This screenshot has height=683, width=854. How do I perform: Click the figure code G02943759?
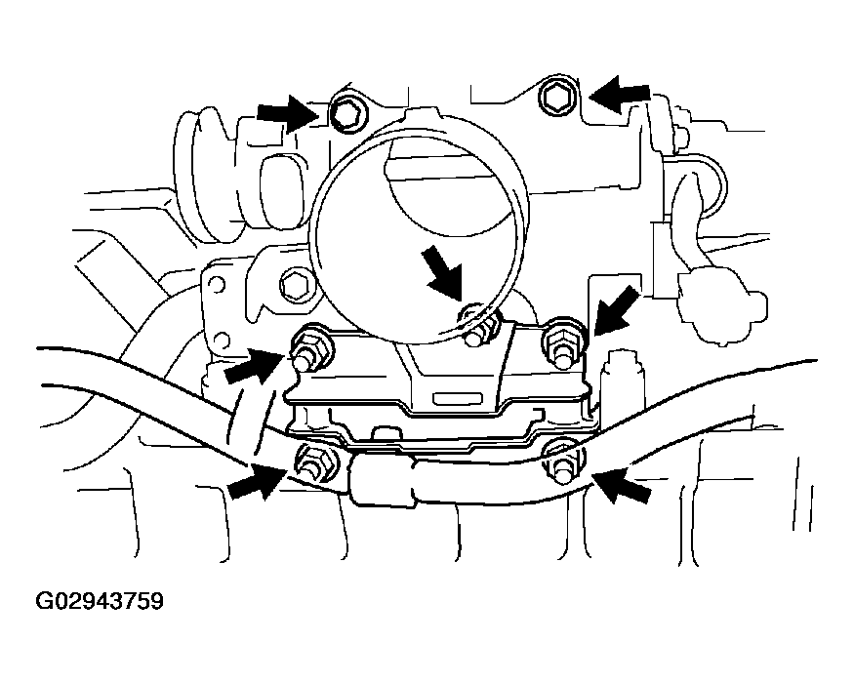[100, 601]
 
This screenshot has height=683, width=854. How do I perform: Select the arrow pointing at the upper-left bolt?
[288, 113]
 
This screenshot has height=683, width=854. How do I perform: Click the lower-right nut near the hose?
[562, 462]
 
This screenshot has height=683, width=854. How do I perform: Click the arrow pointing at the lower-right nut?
[621, 483]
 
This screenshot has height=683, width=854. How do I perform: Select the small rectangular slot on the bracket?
[457, 397]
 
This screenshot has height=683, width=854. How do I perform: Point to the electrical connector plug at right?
[722, 307]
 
